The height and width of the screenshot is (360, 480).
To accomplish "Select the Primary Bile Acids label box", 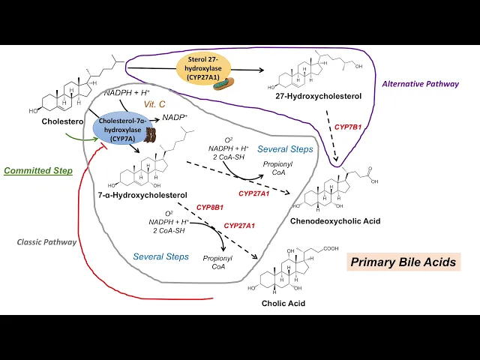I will [403, 262].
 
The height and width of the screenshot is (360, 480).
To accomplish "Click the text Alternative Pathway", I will [420, 84].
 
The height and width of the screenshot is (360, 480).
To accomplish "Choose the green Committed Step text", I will [37, 170].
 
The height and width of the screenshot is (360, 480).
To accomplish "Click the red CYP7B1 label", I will [348, 127].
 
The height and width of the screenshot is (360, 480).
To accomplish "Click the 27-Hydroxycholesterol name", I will [307, 96].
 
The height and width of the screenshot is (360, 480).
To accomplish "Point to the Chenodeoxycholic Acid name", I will [334, 221].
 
